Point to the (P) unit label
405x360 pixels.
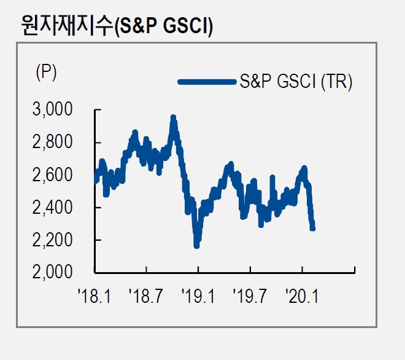tap(46, 72)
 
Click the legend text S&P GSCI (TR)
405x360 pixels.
tap(295, 82)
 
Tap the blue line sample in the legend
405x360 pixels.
tap(206, 82)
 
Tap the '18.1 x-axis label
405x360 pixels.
tap(94, 298)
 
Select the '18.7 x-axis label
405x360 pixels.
tap(146, 298)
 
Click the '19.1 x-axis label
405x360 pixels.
tap(198, 298)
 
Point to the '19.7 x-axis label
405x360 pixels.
tap(250, 298)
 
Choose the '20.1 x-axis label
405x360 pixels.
tap(303, 298)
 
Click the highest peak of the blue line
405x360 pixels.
tap(173, 117)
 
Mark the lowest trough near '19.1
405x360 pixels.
tap(196, 245)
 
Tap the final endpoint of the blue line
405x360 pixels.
tap(313, 228)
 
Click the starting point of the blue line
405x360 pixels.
tap(96, 181)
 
